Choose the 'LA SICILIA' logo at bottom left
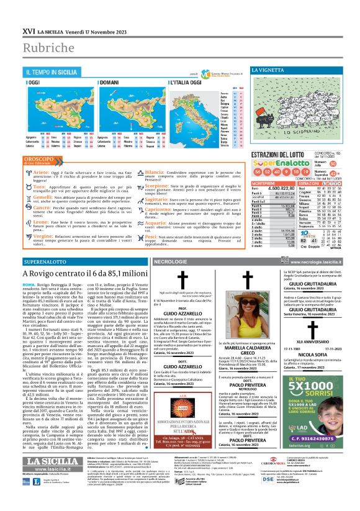pos(53,477)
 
